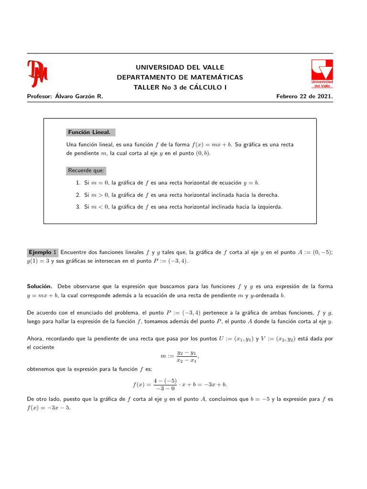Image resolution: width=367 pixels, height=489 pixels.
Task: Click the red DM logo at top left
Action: click(x=37, y=74)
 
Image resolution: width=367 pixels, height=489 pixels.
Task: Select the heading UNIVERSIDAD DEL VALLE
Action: click(x=180, y=67)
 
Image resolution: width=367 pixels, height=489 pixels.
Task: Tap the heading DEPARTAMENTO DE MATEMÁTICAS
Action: click(x=180, y=77)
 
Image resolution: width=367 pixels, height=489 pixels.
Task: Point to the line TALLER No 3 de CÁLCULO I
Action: click(x=180, y=87)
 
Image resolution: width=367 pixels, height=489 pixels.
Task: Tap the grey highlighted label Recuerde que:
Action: click(x=86, y=170)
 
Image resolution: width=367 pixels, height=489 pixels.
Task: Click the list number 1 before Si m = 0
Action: click(x=78, y=183)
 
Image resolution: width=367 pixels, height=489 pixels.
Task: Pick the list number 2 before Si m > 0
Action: click(x=78, y=195)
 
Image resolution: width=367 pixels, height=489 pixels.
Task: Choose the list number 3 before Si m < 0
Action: click(x=78, y=207)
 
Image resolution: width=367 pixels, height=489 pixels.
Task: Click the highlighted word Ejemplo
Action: click(x=40, y=252)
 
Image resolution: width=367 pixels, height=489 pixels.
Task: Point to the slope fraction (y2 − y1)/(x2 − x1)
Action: click(x=186, y=357)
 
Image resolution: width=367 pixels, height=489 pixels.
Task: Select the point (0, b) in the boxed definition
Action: click(x=203, y=154)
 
